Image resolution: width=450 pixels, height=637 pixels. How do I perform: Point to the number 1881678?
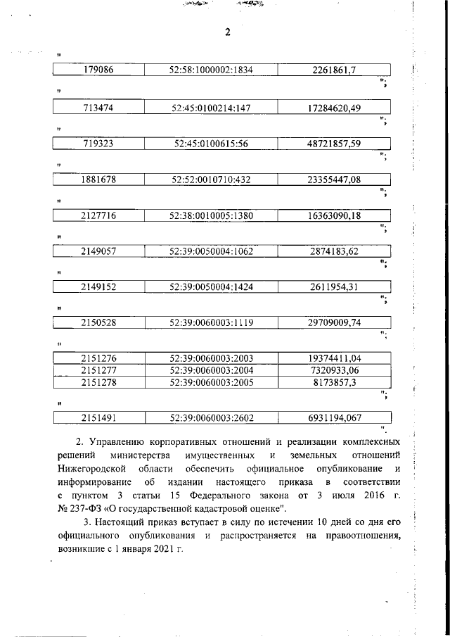[99, 179]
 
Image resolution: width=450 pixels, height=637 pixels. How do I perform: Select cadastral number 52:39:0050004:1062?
[211, 251]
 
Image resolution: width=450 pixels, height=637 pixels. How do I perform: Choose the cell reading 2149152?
[99, 286]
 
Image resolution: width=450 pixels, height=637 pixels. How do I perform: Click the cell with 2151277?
[99, 370]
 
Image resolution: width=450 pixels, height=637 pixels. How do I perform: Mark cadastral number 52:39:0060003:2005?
[211, 381]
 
